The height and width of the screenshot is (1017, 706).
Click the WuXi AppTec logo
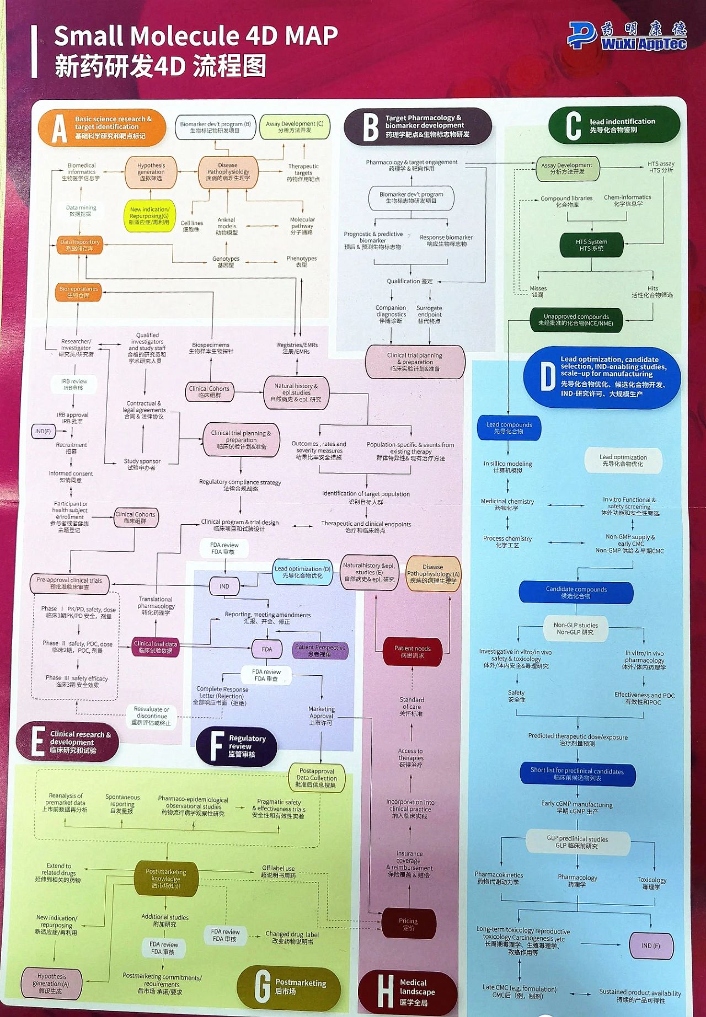(627, 36)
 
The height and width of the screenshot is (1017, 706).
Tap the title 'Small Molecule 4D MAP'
(196, 36)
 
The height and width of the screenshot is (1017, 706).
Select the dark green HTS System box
(591, 245)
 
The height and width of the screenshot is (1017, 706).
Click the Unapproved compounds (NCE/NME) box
(576, 320)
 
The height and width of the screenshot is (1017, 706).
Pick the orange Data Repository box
(80, 245)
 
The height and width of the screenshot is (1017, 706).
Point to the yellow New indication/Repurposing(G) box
(149, 216)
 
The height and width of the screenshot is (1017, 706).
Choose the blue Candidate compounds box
(576, 593)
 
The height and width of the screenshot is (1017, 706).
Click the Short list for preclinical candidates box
(577, 774)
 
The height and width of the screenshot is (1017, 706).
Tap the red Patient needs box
(412, 652)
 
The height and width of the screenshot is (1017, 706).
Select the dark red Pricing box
(408, 924)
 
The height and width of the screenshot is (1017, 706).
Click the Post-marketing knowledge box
(165, 878)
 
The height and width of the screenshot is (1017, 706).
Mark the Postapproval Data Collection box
(317, 778)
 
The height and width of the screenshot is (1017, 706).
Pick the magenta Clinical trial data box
(156, 647)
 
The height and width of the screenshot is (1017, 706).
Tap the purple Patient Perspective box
(320, 650)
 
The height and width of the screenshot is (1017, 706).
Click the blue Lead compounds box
(509, 428)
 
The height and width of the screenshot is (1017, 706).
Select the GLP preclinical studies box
(577, 842)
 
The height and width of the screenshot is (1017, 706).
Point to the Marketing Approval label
(322, 715)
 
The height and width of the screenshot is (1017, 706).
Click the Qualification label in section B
(410, 281)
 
